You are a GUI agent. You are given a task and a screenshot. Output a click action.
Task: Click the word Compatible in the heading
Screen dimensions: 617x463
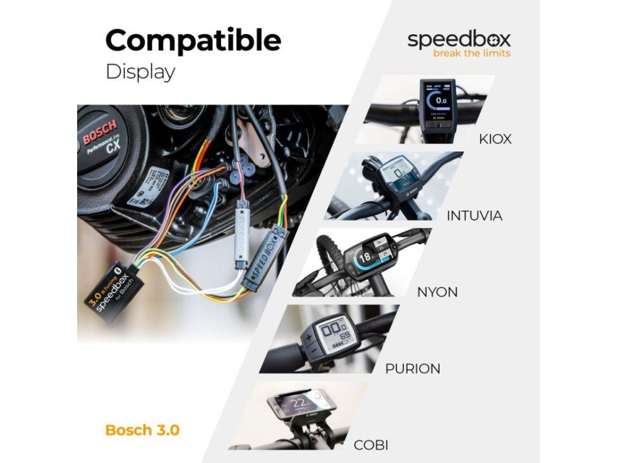tap(193, 41)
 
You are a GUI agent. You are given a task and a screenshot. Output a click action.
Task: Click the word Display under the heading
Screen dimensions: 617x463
tap(140, 72)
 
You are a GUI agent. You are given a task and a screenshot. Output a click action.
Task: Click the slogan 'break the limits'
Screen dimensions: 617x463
tap(472, 53)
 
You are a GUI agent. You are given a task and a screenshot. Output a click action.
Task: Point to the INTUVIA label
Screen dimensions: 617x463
tap(474, 215)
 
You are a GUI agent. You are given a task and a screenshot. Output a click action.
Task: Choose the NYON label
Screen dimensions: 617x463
tap(437, 292)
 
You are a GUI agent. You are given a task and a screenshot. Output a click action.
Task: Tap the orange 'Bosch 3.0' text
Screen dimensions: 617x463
tap(142, 430)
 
